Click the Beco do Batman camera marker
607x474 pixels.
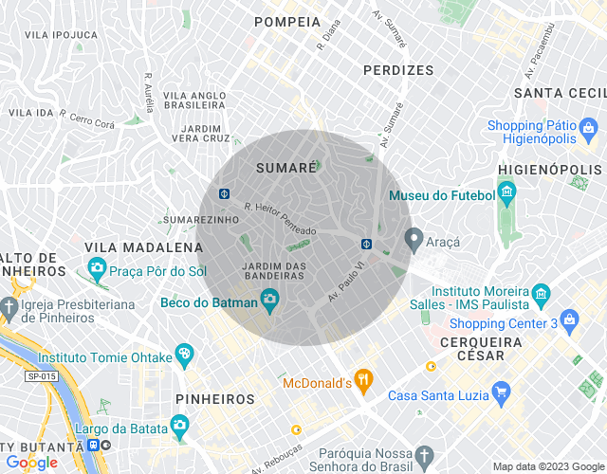(269, 301)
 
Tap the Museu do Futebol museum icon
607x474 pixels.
(506, 194)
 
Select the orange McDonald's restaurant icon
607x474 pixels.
(362, 382)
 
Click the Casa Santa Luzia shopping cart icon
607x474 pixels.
(503, 392)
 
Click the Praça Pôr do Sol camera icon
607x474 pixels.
(97, 270)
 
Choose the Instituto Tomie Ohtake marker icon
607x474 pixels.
(184, 356)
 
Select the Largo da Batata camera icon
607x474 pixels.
(179, 424)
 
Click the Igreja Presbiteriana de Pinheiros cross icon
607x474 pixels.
(9, 309)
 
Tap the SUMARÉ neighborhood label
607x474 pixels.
(285, 168)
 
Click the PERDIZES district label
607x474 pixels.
(398, 70)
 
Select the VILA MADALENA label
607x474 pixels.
(144, 247)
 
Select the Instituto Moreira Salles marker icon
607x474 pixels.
(541, 292)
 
